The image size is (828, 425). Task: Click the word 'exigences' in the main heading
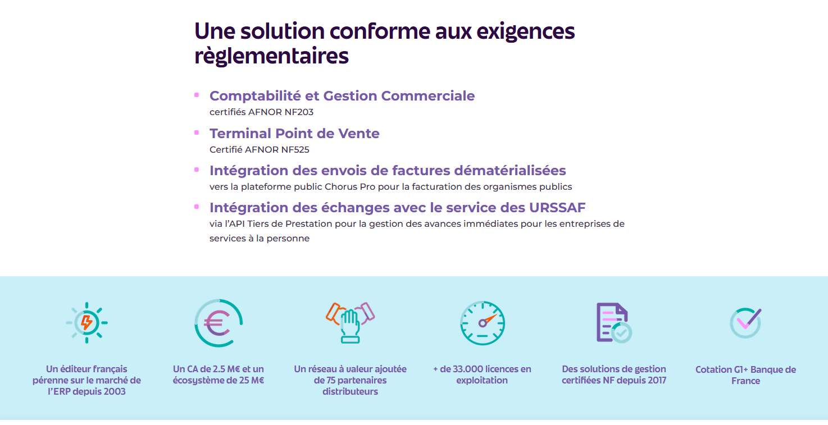coord(525,32)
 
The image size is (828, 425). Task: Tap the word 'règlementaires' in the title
coord(271,56)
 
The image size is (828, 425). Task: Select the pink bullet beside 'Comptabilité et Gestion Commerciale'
coord(197,95)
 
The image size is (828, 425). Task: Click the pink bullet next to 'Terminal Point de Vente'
coord(197,132)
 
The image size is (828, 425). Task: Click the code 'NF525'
coord(295,150)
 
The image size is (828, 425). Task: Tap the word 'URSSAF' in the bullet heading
coord(557,208)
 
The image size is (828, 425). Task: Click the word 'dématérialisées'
coord(509,170)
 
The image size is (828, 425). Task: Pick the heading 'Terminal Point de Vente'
coord(294,134)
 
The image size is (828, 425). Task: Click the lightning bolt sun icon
coord(87,323)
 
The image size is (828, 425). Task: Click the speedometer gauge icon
coord(483,323)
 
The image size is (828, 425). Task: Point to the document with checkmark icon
coord(613,323)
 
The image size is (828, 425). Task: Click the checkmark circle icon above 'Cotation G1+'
coord(745,323)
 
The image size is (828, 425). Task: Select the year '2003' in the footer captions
coord(114,391)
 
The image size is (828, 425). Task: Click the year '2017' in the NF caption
coord(655,380)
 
